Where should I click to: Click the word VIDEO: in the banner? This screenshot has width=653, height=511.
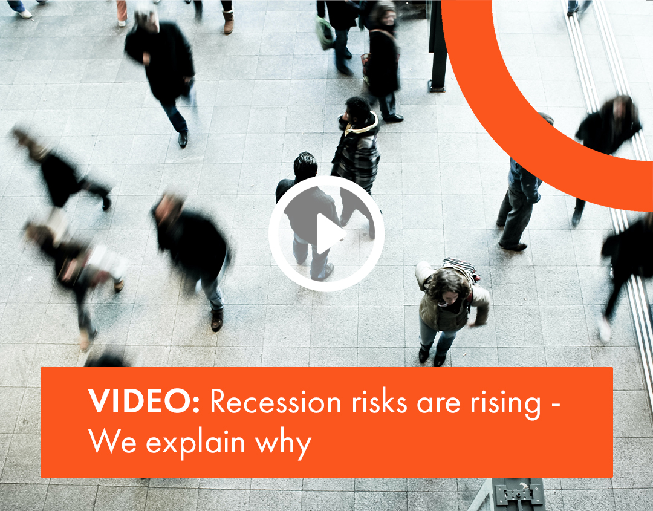click(144, 402)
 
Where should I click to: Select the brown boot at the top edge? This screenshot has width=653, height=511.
click(228, 22)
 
